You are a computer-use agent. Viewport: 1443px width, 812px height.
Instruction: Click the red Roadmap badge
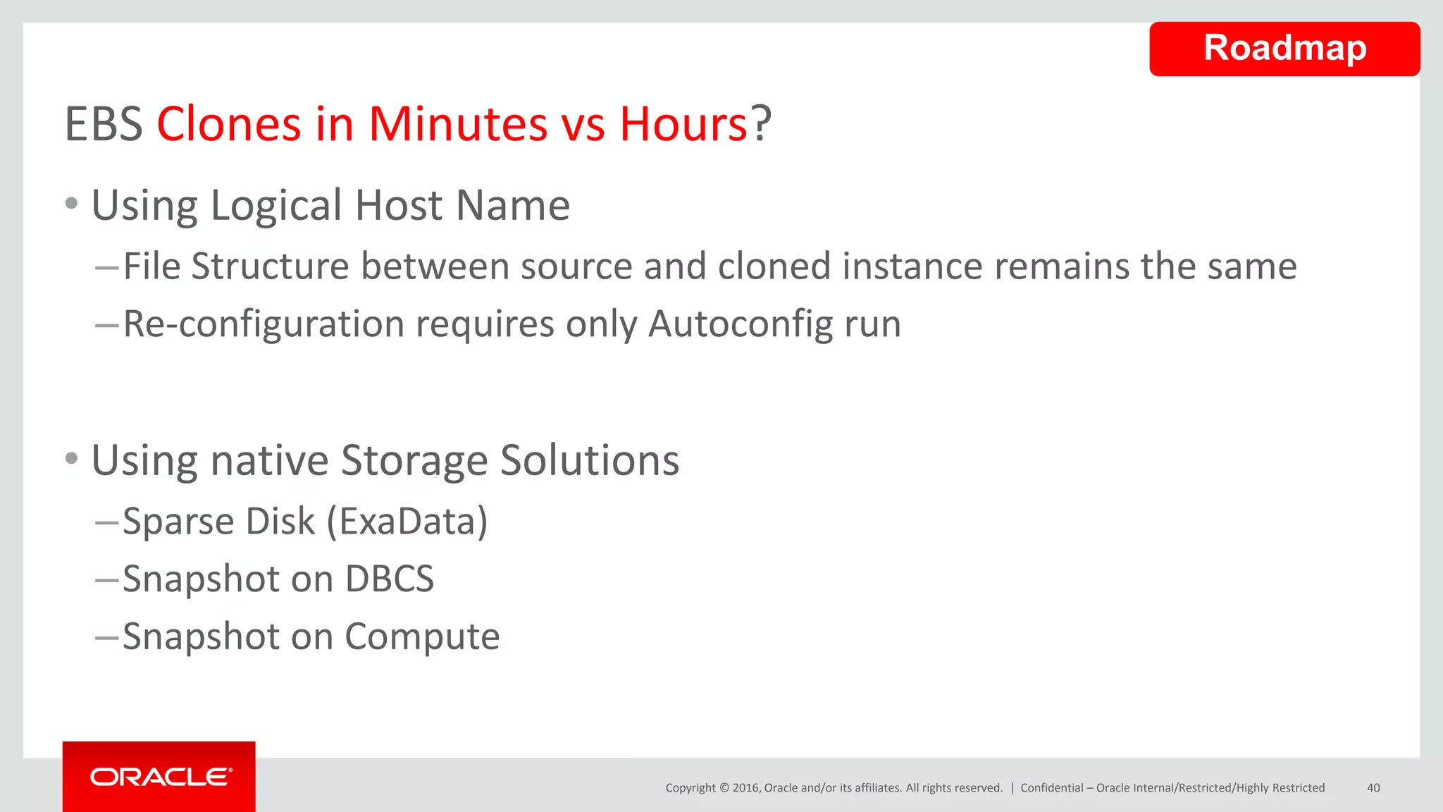(1284, 49)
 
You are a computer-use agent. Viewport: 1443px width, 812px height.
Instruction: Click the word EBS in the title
(104, 124)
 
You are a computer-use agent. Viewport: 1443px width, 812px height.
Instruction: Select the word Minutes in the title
(458, 124)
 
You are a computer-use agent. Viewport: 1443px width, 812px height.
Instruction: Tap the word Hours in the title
(683, 124)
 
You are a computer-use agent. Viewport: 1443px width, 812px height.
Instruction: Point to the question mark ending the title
(761, 124)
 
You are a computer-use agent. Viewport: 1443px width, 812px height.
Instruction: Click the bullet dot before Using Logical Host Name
(71, 204)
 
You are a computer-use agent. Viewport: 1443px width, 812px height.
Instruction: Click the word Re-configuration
(264, 324)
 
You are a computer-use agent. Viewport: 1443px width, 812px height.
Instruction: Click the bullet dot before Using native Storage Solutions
(71, 459)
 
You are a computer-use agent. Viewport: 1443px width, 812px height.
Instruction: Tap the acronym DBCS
(389, 579)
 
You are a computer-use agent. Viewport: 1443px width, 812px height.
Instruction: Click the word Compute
(422, 637)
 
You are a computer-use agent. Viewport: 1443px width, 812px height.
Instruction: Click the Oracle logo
(160, 777)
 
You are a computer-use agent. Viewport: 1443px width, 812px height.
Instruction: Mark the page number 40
(1373, 788)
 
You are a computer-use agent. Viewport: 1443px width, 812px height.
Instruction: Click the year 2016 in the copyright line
(745, 788)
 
